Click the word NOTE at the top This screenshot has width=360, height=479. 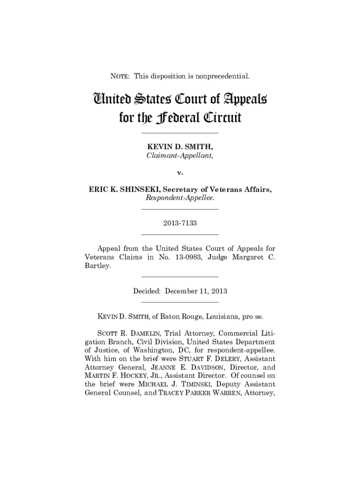(119, 75)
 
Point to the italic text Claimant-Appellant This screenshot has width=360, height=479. (180, 157)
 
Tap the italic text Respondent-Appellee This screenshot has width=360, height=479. (180, 198)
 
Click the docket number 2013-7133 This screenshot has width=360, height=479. (180, 223)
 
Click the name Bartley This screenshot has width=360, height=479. (98, 266)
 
